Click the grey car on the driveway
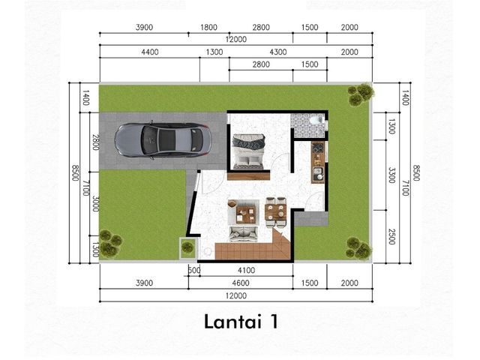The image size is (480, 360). [x=163, y=140]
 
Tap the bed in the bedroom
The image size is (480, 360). [x=248, y=151]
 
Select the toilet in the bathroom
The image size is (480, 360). [x=316, y=119]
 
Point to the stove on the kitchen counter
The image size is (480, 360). [x=318, y=148]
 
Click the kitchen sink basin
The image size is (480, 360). [x=318, y=173]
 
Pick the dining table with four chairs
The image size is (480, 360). [x=276, y=211]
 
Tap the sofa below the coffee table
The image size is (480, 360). [x=244, y=234]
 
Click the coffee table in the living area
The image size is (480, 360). [x=245, y=213]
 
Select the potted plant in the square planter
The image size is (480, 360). [x=188, y=246]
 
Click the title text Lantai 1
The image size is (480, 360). [x=241, y=322]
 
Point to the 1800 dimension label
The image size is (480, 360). [x=208, y=27]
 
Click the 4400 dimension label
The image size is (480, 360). [x=150, y=52]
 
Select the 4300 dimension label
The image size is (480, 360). [x=278, y=52]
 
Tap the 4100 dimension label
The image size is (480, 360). [x=247, y=270]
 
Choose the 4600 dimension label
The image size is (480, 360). [x=241, y=283]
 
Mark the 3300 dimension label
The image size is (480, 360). [x=391, y=175]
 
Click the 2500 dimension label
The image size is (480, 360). [x=391, y=237]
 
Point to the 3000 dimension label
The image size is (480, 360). [x=95, y=203]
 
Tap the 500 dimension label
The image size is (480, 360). [x=194, y=270]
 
